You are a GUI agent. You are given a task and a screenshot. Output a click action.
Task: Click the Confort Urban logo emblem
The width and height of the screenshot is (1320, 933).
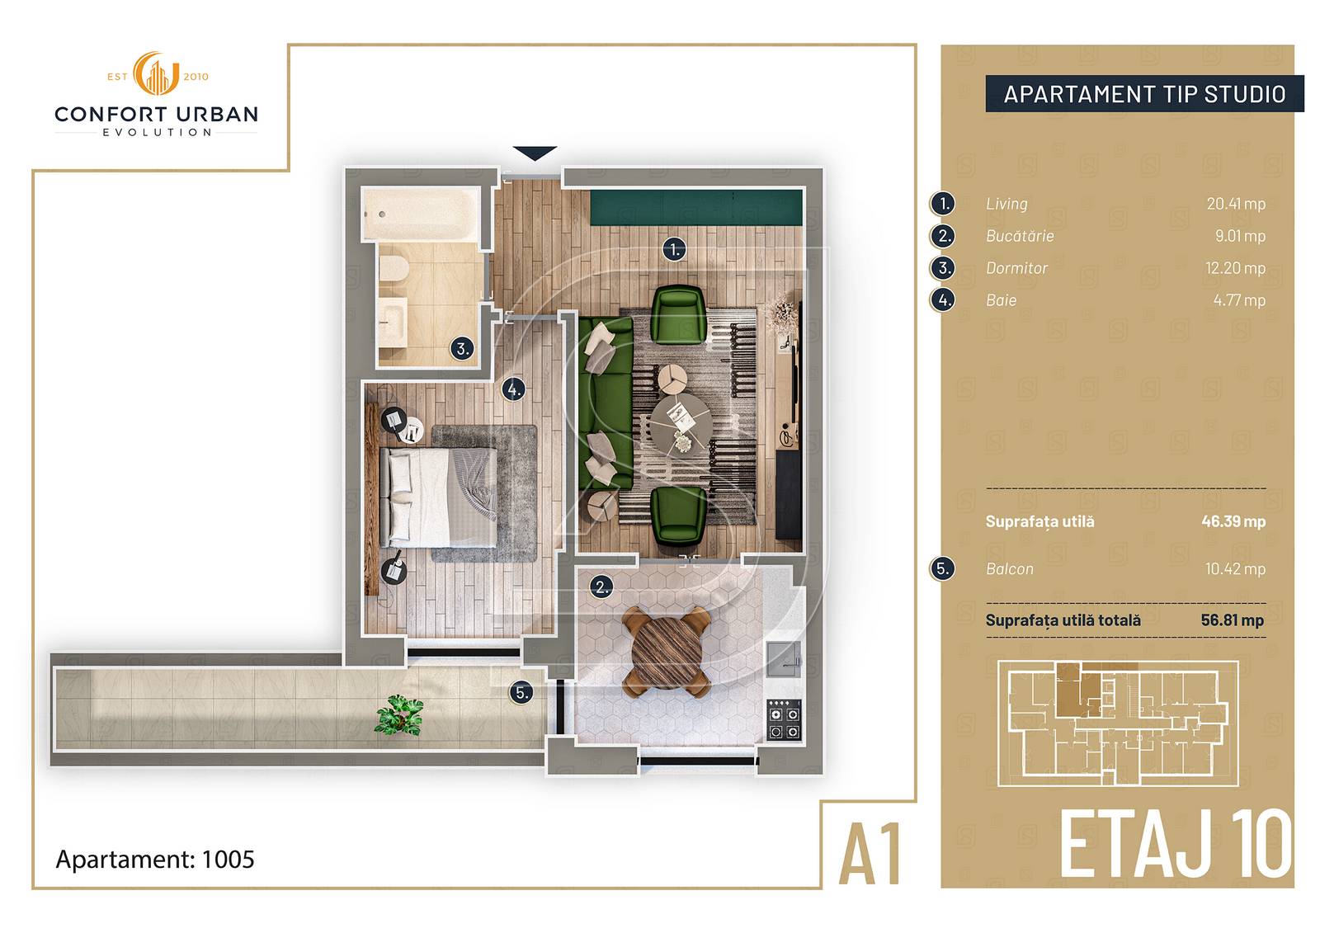pos(156,73)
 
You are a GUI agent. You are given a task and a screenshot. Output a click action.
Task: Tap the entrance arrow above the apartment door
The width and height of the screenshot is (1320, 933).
pos(535,153)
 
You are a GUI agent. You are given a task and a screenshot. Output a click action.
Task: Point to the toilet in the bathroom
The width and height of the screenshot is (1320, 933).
pos(394,271)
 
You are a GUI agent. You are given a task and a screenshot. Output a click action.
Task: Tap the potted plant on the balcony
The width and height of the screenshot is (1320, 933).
pos(399,715)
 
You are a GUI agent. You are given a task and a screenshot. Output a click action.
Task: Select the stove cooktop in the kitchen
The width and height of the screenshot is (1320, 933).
pos(785,719)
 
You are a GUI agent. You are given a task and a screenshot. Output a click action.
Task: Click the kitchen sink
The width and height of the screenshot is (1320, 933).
pos(785,659)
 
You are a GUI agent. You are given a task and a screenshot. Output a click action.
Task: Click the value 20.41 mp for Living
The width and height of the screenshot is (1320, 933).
pos(1236,204)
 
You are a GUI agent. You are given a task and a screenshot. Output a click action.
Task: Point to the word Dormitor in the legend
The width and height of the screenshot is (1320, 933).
pos(1016,268)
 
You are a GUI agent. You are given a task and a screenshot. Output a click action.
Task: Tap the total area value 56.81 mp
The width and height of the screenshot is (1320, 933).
pos(1233,620)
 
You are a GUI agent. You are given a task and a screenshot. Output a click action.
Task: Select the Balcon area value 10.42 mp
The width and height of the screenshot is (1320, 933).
pos(1235,568)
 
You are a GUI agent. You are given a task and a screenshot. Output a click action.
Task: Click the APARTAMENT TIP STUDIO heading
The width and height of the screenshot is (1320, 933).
pos(1144,94)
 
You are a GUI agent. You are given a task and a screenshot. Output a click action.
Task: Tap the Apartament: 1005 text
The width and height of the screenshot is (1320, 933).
pos(155,860)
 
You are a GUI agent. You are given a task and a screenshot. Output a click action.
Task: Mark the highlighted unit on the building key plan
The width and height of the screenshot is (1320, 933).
pos(1077,689)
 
